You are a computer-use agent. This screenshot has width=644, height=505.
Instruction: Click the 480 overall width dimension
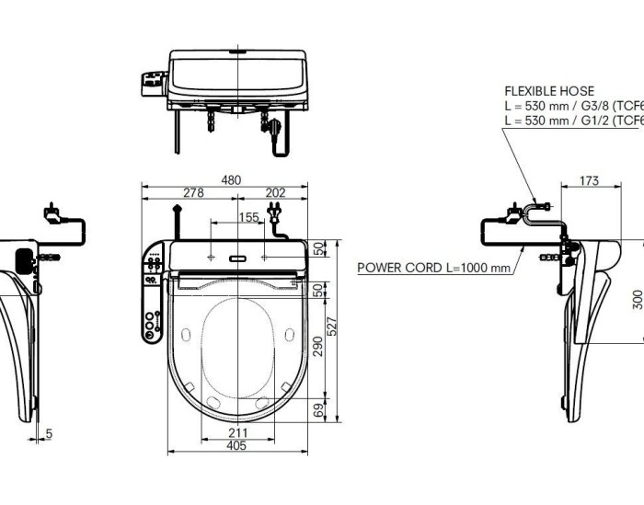point(231,180)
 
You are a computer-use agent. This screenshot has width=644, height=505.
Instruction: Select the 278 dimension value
point(192,193)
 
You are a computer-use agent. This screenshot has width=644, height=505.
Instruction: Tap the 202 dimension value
point(274,193)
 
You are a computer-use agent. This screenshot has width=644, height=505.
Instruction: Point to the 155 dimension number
point(248,217)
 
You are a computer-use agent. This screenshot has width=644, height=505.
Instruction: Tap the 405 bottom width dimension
point(236,446)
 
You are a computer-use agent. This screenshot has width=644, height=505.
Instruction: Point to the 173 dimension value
point(591,180)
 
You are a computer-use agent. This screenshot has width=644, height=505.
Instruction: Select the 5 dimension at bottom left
point(49,432)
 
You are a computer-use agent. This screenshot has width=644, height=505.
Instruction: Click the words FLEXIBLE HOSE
point(549,91)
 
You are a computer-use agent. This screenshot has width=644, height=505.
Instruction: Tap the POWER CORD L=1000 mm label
point(432,268)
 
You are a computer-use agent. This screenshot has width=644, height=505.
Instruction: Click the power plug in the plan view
point(274,217)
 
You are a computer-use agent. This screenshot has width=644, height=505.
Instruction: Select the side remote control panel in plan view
point(151,294)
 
